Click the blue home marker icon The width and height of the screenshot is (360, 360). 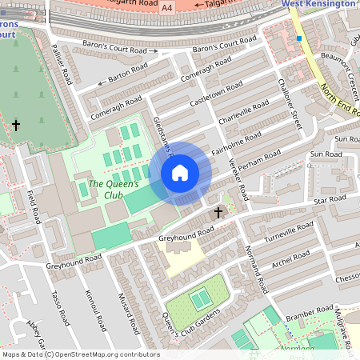pyautogui.click(x=180, y=173)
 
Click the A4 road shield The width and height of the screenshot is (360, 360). pyautogui.click(x=166, y=7)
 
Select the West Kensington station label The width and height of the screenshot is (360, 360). pyautogui.click(x=318, y=4)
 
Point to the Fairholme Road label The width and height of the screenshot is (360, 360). pyautogui.click(x=233, y=144)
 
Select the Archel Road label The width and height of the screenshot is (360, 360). pyautogui.click(x=290, y=262)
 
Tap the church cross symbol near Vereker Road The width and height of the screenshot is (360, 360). pyautogui.click(x=218, y=213)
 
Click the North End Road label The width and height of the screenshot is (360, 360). pyautogui.click(x=337, y=100)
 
